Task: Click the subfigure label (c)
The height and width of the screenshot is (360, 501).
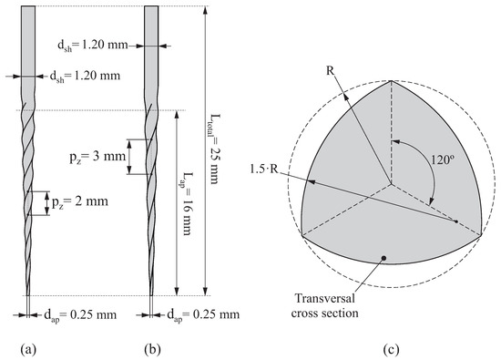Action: click(391, 347)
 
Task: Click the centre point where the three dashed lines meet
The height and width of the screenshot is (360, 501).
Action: click(392, 186)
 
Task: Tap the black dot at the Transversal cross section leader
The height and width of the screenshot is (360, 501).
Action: click(386, 259)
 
